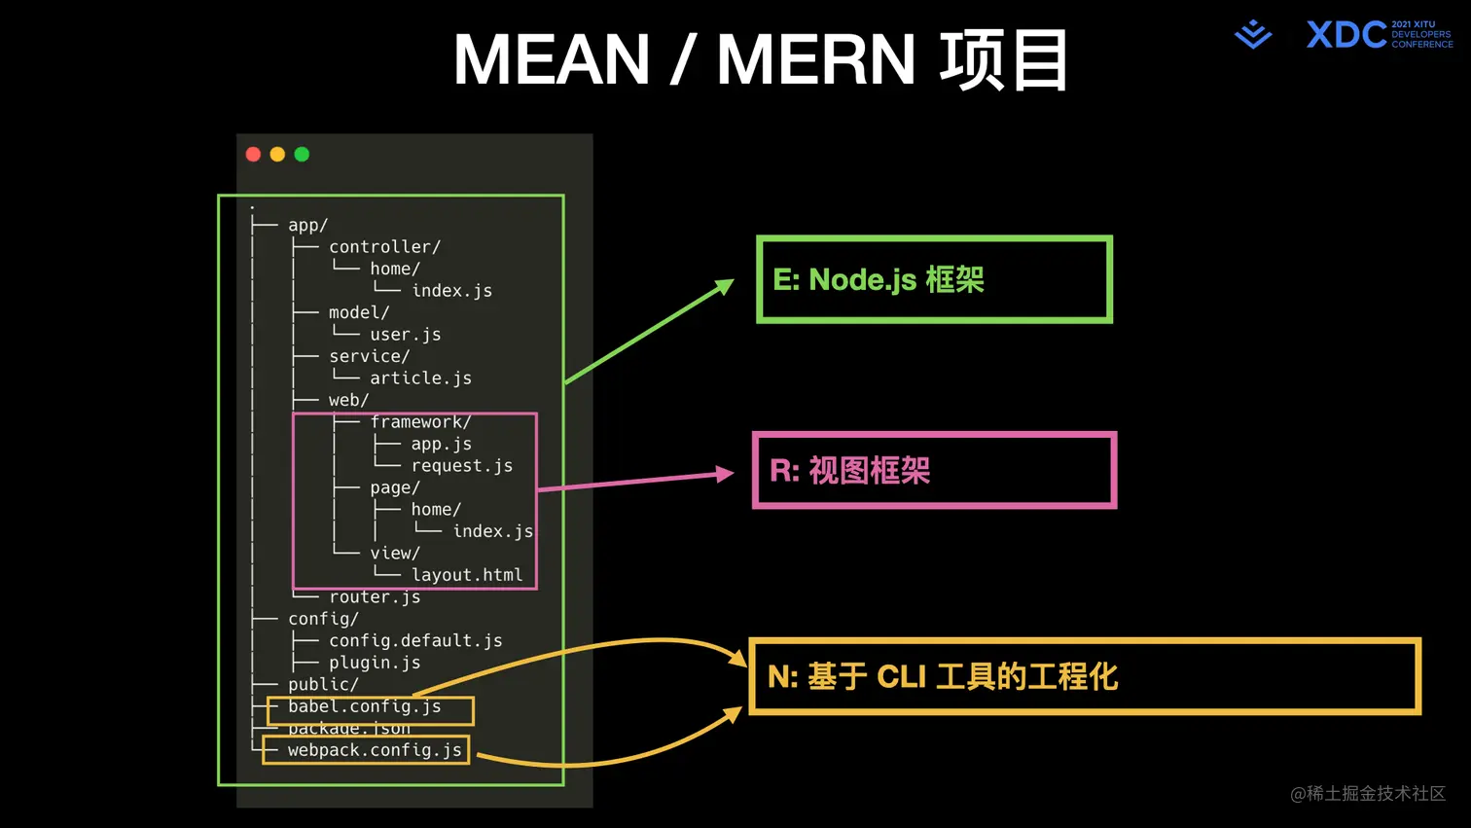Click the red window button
253,155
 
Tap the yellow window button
277,155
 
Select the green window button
302,155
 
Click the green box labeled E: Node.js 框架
934,279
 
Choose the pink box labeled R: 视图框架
934,470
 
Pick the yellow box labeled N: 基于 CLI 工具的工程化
1084,676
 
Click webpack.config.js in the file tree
375,750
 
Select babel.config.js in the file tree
365,706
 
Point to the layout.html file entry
467,575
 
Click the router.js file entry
375,597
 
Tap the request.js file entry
461,466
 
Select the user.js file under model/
405,335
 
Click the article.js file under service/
420,378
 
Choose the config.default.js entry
415,641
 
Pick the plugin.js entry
375,663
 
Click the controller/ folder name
384,247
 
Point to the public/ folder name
323,685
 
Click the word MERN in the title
815,60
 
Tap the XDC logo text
1345,35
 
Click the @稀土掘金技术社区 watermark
1367,794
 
